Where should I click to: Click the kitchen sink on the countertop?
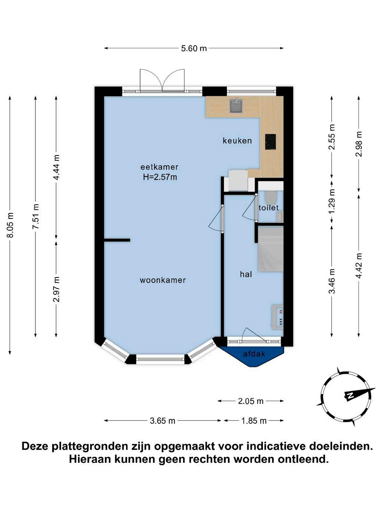coord(236,106)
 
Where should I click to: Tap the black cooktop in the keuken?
coord(270,142)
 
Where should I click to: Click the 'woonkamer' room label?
coord(163,280)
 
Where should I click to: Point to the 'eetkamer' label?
coord(159,167)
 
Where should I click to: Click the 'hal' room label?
coord(246,275)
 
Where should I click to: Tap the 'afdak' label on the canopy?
coord(254,354)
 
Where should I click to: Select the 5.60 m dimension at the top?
coord(194,48)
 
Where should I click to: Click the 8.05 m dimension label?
coord(10,225)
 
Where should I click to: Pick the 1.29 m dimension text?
coord(332,202)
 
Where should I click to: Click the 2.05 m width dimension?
coord(251,401)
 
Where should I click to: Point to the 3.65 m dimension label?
coord(162,421)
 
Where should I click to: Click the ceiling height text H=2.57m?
coord(160,177)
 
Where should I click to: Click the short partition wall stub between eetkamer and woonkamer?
coord(117,240)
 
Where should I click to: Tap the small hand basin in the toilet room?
coord(280,217)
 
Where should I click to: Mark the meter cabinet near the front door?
coord(277,317)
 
